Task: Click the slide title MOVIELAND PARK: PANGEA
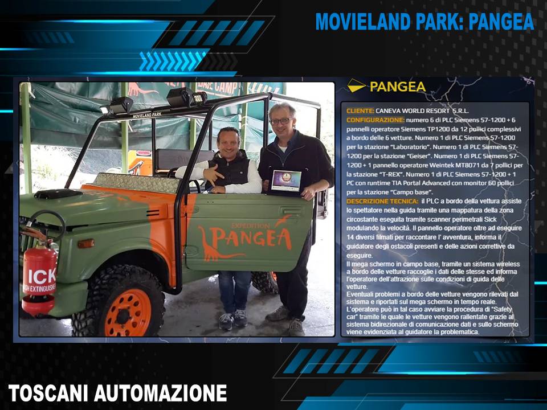[424, 22]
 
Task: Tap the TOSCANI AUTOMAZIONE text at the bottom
[117, 393]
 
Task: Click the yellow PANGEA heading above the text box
[398, 87]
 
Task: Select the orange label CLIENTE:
[360, 111]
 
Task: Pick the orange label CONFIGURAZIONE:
[375, 120]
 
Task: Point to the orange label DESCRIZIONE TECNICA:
[382, 201]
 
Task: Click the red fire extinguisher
[39, 276]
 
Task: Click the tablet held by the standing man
[286, 181]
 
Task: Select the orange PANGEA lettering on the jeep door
[251, 238]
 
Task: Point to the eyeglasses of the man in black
[281, 121]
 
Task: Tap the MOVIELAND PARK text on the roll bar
[147, 114]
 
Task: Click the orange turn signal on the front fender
[86, 243]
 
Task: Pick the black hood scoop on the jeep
[58, 194]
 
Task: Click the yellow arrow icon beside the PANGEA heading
[356, 85]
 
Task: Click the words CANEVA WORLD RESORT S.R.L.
[422, 111]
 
